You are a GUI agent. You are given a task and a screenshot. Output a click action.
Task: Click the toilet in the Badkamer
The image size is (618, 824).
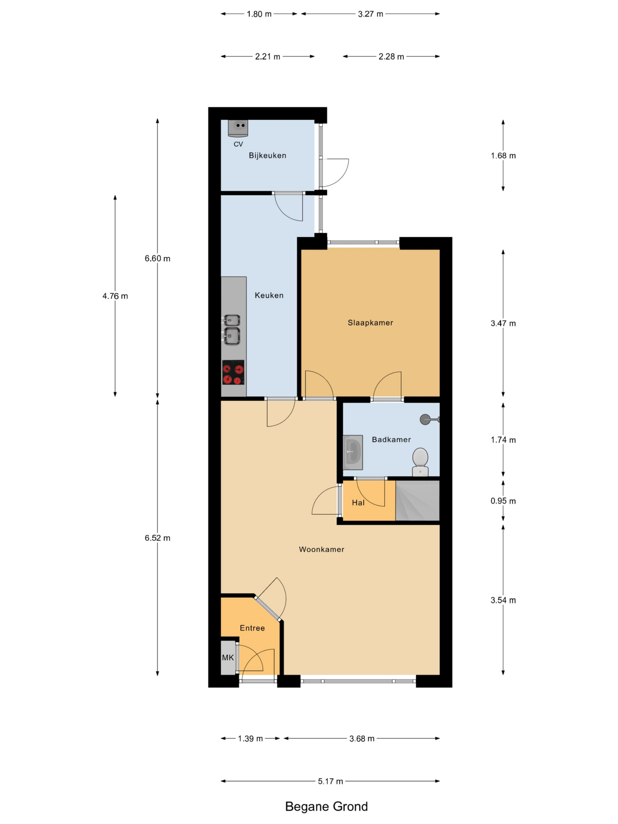(x=420, y=462)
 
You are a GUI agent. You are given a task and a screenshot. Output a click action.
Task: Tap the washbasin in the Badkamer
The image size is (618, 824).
(x=352, y=452)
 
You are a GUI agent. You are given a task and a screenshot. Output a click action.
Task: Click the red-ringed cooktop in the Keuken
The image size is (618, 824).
(x=233, y=372)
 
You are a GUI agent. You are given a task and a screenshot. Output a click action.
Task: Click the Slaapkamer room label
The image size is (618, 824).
(x=370, y=323)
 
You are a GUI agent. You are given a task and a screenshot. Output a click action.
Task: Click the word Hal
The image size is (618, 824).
(x=358, y=502)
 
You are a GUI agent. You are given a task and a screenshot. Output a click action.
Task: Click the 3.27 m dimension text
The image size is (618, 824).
(x=370, y=14)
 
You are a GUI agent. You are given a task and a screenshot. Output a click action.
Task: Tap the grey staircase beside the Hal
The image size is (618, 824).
(x=417, y=500)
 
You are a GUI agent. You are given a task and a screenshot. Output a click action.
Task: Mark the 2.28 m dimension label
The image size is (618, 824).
(x=391, y=57)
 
